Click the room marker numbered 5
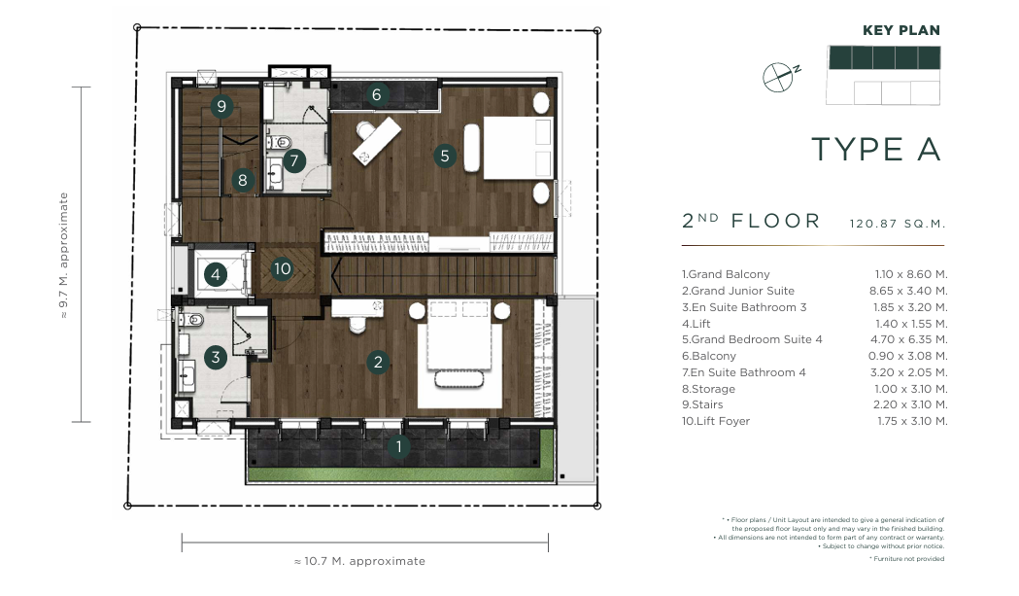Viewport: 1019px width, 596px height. point(445,157)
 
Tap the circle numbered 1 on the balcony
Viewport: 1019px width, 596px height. point(398,446)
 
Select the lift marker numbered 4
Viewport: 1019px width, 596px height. point(216,274)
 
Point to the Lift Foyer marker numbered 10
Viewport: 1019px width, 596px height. point(282,268)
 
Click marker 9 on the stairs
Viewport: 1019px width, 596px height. point(221,106)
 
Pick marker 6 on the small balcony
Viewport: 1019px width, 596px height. point(376,95)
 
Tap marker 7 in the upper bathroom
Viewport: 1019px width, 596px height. point(294,160)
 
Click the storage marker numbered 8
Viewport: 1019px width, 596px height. point(243,180)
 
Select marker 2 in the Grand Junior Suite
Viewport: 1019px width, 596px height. point(378,362)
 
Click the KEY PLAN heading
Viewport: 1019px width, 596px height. point(901,30)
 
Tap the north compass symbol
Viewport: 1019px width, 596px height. point(780,77)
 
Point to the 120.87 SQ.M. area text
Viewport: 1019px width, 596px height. point(898,224)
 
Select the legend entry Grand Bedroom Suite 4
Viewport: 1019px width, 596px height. point(752,339)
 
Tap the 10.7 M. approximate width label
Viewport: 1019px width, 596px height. point(359,561)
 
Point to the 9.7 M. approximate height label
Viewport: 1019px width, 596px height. point(64,255)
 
